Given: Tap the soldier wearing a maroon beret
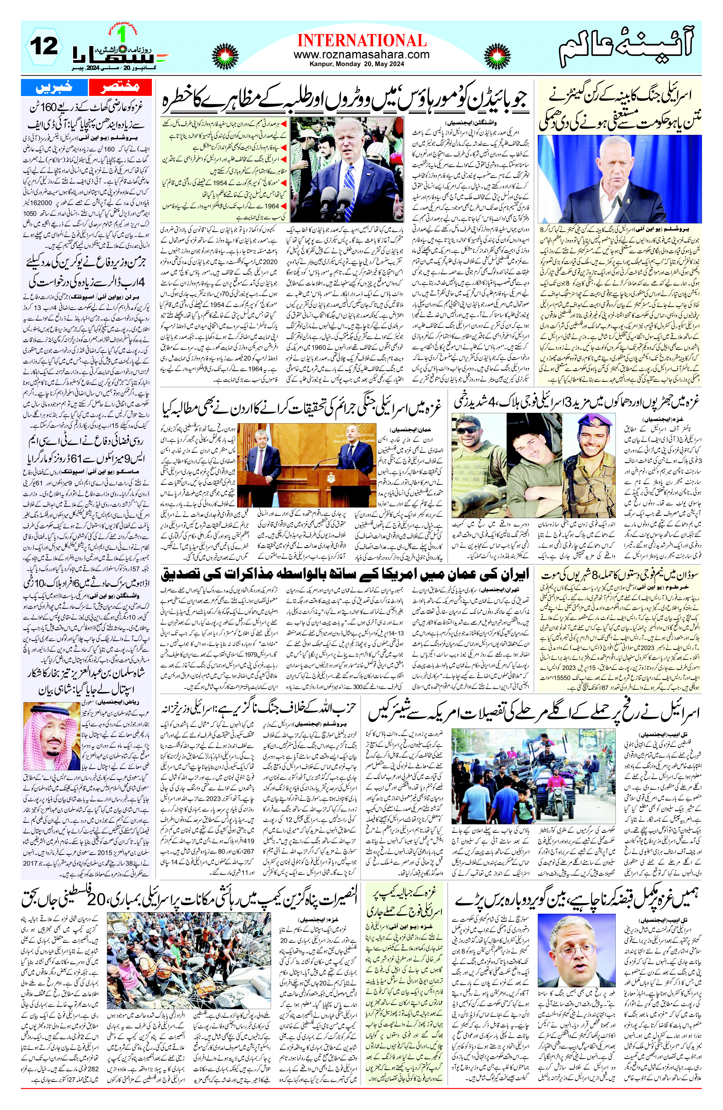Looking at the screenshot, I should coord(592,427).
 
